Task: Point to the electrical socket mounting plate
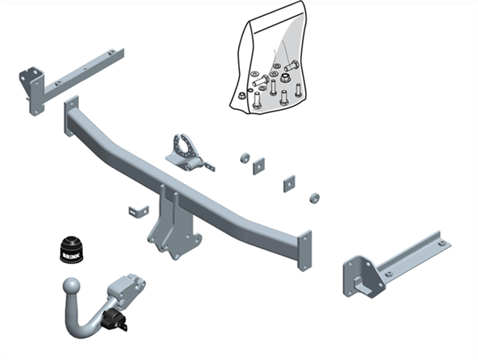(x=189, y=151)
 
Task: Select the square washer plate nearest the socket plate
(x=259, y=166)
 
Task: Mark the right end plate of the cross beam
(x=304, y=250)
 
